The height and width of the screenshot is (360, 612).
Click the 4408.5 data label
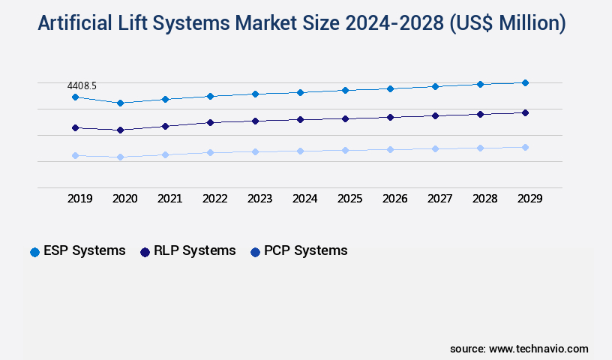(x=82, y=86)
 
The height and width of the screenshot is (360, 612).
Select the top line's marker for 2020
(x=120, y=103)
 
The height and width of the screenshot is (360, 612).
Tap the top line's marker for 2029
(x=525, y=82)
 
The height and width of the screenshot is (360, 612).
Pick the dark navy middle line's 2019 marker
(x=75, y=127)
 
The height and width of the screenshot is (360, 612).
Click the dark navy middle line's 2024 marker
(x=300, y=119)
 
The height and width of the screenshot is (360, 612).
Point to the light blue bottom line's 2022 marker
(x=210, y=152)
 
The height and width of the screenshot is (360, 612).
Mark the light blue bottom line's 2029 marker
(x=525, y=147)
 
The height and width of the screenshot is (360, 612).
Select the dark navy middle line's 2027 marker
(x=435, y=115)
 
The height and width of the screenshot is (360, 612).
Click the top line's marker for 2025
(x=345, y=90)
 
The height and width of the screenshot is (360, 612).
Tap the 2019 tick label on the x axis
(x=80, y=199)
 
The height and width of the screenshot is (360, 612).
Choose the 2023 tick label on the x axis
(x=260, y=199)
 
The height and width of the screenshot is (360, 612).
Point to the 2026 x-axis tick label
(x=395, y=199)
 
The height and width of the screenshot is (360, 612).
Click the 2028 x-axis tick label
(x=485, y=199)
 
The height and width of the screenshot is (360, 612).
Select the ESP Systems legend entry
(x=77, y=251)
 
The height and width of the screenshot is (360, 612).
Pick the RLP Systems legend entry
(x=187, y=251)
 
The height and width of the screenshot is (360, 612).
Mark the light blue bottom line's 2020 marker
(x=120, y=157)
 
